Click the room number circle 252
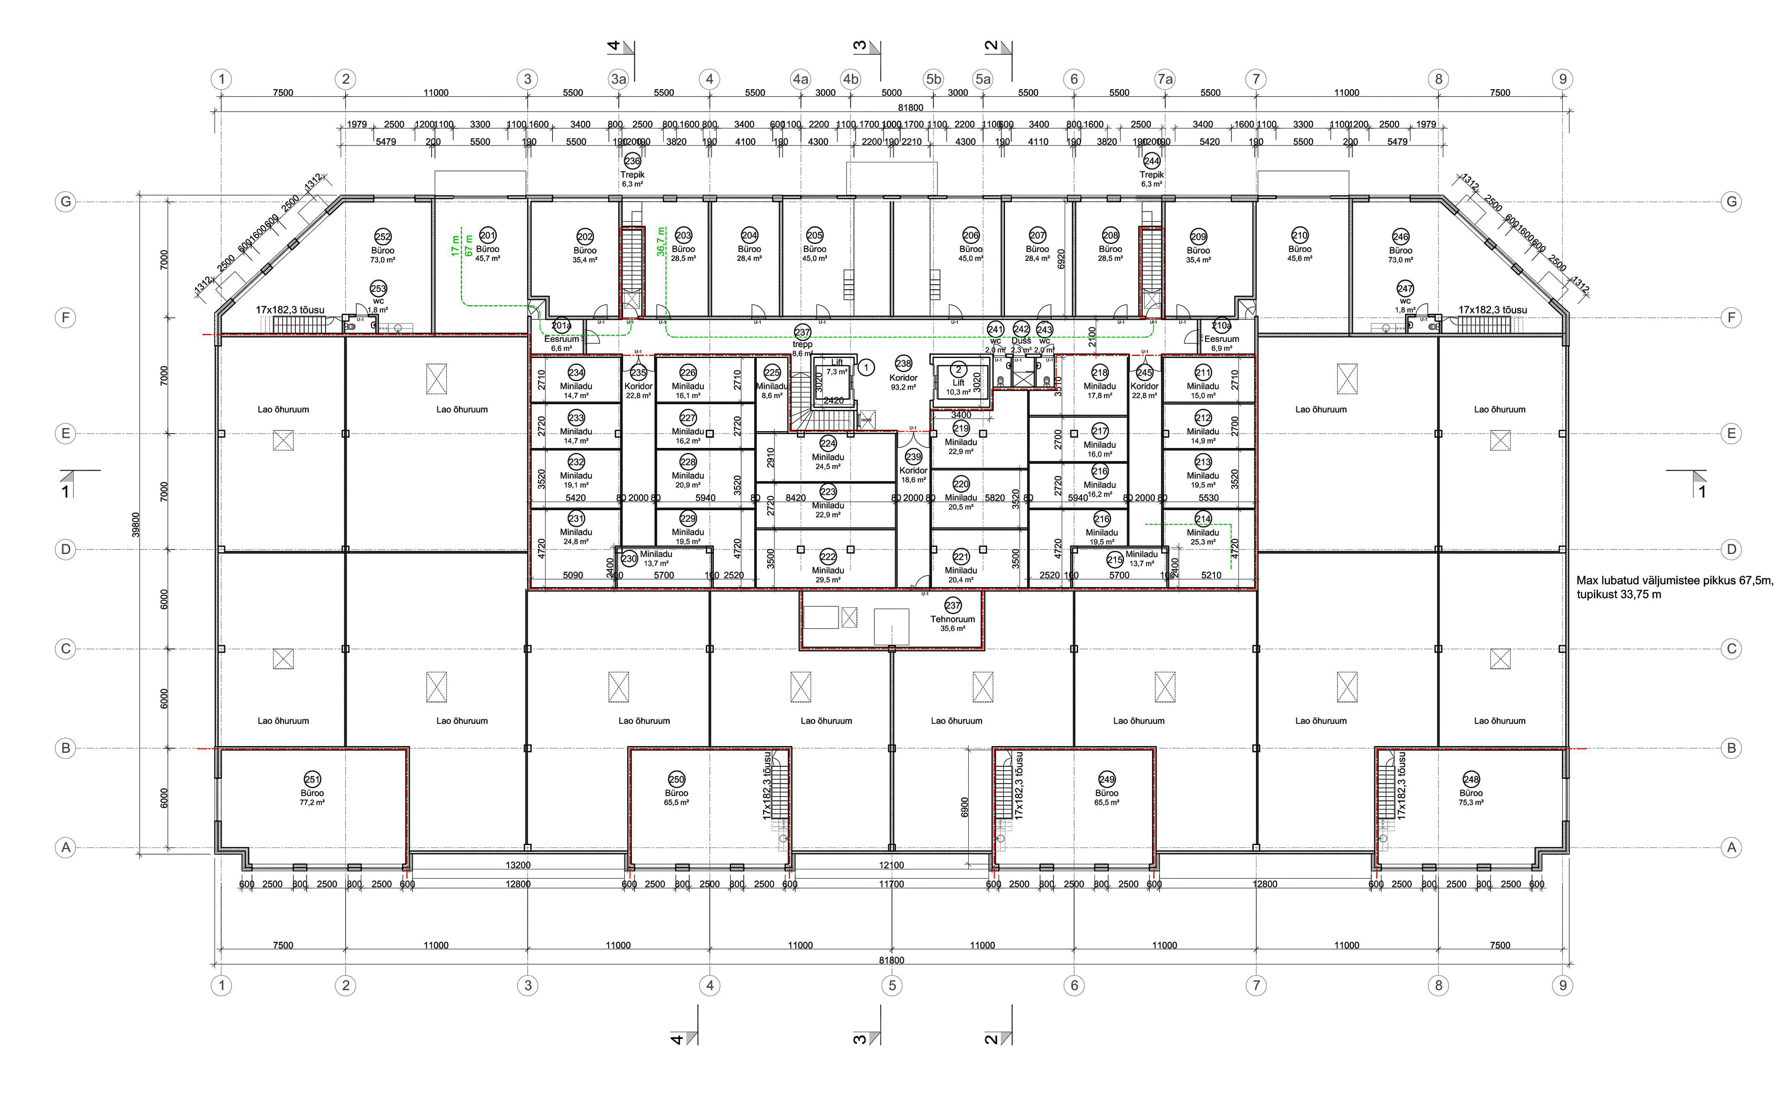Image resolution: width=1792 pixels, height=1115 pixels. click(383, 237)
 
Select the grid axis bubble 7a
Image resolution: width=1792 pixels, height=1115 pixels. click(1164, 79)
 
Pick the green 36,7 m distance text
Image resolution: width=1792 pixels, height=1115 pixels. click(662, 241)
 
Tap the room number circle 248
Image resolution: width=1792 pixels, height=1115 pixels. click(1471, 779)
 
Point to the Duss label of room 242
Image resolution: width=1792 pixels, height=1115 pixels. click(1021, 341)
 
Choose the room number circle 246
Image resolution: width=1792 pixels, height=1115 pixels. click(1400, 237)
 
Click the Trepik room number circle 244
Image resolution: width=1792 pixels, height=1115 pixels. click(1151, 161)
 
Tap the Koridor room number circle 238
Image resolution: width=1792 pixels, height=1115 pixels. click(903, 363)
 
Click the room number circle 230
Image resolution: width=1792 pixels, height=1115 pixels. click(629, 559)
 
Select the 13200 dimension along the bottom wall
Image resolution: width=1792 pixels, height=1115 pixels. click(518, 865)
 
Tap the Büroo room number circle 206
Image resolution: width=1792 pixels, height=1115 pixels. click(971, 235)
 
